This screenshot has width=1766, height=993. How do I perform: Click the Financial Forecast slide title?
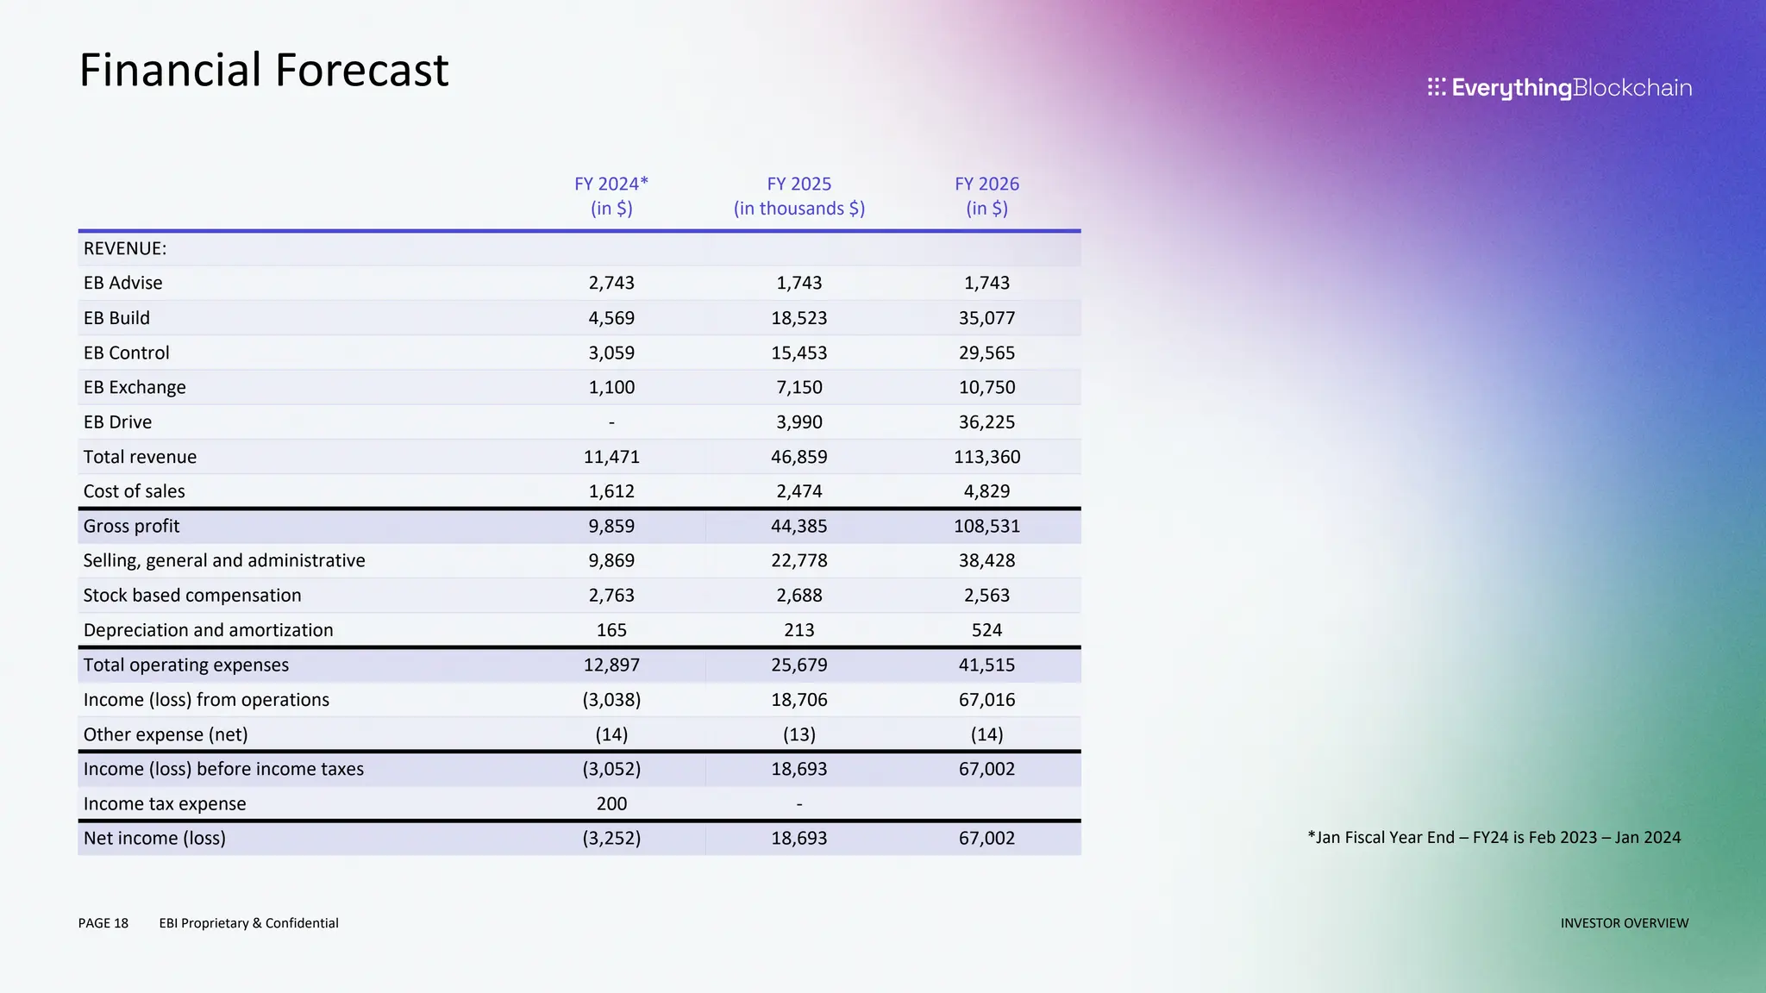click(x=263, y=70)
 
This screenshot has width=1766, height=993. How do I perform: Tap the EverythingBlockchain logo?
click(x=1559, y=88)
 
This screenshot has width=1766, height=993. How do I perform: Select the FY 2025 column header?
click(x=798, y=196)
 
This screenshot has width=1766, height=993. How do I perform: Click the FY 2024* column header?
click(x=611, y=196)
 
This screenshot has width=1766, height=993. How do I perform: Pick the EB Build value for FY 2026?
click(x=986, y=318)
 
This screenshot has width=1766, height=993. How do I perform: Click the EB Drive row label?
click(x=117, y=422)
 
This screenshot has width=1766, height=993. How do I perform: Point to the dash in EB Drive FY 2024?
click(x=611, y=422)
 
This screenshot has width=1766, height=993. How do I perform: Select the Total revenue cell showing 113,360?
click(x=986, y=457)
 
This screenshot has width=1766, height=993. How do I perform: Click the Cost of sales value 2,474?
click(x=798, y=491)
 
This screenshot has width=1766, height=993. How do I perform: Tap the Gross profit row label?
click(x=131, y=526)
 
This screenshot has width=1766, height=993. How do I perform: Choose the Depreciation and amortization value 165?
click(x=611, y=630)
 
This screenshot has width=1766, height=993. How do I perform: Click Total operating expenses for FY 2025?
click(x=798, y=665)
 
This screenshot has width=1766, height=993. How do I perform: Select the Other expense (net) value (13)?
click(x=798, y=734)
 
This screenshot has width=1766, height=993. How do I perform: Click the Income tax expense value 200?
click(x=611, y=803)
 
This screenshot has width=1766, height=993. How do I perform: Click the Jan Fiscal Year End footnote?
click(x=1494, y=837)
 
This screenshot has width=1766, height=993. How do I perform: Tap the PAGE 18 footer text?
click(x=103, y=923)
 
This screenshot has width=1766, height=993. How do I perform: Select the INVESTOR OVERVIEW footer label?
click(x=1624, y=923)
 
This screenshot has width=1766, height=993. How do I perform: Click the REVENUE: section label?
click(x=125, y=248)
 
